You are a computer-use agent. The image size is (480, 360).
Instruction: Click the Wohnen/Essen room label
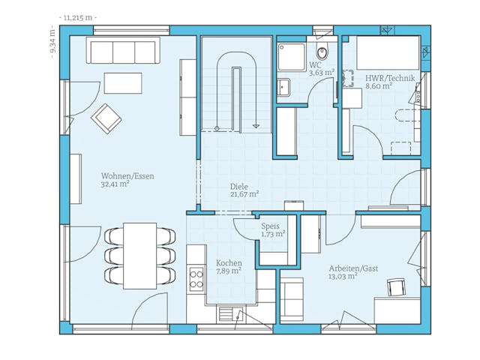127,176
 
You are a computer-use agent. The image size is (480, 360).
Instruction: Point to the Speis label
271,226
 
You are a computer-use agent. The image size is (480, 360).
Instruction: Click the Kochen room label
228,263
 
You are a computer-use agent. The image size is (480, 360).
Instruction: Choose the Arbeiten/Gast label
353,268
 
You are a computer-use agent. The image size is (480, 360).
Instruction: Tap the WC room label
315,65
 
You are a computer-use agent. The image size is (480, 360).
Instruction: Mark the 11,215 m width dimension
78,16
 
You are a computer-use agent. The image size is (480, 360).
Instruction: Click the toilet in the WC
322,52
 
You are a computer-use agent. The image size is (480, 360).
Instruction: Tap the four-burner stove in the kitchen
196,279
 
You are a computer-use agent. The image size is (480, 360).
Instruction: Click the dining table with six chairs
139,255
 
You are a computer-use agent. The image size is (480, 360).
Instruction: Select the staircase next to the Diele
235,86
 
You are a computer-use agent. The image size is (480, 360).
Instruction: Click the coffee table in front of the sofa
123,82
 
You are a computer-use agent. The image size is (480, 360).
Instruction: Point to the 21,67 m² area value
244,193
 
